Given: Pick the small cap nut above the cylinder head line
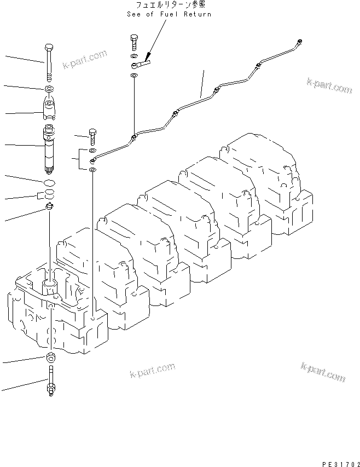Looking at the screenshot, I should (x=49, y=206).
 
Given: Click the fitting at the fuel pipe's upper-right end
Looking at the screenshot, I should (x=299, y=41).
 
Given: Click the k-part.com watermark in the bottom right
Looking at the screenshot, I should (x=323, y=372).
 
